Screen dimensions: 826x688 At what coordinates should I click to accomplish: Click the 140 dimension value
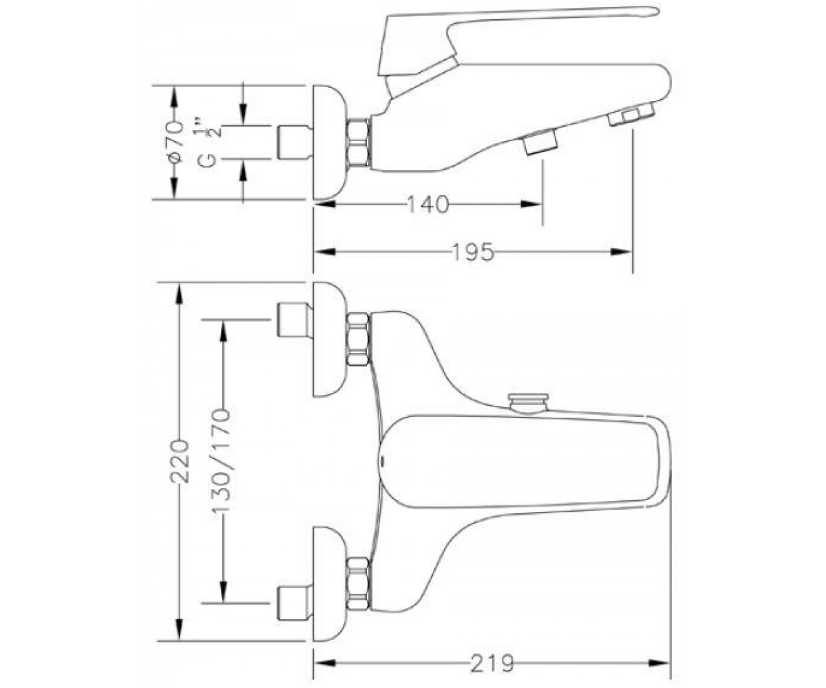pos(428,204)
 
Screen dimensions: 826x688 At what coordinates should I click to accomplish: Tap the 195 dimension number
pos(473,252)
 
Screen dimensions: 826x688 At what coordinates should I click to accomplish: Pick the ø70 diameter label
pos(174,142)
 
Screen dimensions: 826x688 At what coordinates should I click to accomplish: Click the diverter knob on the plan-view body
pos(529,402)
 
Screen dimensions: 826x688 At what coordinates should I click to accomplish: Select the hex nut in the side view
pos(359,142)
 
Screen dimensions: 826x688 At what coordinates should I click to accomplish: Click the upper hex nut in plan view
pos(359,339)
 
